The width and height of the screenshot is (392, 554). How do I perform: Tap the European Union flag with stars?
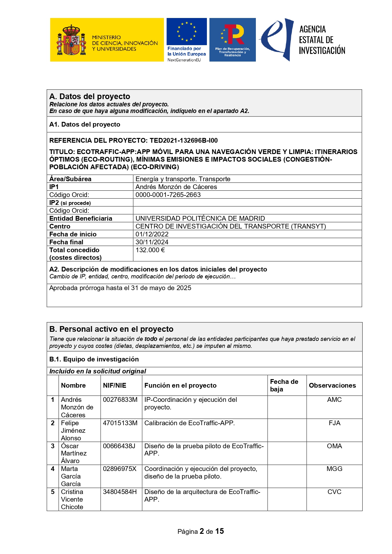187,32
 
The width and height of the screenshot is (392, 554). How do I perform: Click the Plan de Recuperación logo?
232,40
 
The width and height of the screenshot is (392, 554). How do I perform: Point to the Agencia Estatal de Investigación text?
322,40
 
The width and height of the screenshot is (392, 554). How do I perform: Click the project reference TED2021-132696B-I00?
184,140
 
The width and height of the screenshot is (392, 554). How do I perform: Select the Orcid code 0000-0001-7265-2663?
168,195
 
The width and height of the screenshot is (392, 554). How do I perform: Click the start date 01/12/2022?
152,234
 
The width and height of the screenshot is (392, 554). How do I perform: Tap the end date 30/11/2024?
152,242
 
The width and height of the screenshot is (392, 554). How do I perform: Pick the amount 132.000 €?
150,250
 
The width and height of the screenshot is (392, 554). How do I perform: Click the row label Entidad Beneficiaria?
81,218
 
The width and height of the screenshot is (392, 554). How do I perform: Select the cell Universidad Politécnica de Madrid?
200,218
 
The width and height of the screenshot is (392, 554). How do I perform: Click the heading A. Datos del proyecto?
90,97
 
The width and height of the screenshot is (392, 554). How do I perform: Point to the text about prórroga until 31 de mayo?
120,288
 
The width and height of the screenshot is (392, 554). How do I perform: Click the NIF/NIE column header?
114,385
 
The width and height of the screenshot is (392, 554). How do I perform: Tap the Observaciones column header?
332,385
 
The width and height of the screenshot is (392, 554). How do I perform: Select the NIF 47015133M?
120,423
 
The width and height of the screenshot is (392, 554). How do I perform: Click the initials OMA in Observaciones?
334,446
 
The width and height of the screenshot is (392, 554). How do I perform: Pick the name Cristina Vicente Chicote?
72,499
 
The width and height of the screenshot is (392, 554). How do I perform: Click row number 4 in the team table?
53,469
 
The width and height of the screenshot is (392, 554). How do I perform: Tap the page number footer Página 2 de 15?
201,532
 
